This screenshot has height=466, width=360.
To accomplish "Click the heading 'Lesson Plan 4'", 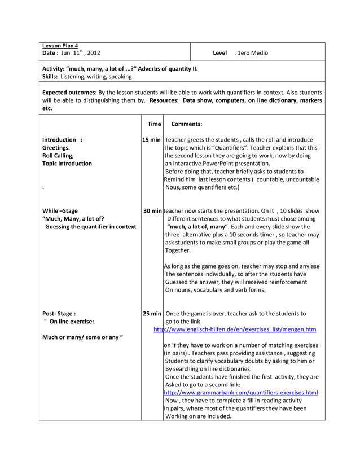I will [60, 46].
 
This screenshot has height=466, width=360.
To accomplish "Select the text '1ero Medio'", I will [253, 53].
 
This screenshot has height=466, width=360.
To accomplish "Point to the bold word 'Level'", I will [219, 53].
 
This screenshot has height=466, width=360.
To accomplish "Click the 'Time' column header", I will [153, 124].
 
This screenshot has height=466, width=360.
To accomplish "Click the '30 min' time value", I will [153, 210].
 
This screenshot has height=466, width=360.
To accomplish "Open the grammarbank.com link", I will [241, 392].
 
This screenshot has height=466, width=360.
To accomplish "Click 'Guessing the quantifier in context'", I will [90, 226].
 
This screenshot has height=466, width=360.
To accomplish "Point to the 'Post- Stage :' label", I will [59, 313].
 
